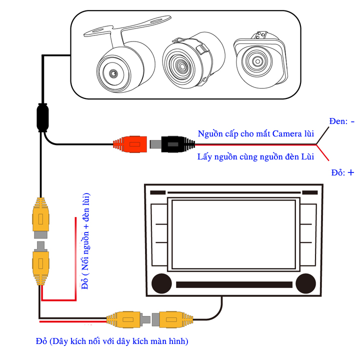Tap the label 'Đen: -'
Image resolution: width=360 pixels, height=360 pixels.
tap(342, 121)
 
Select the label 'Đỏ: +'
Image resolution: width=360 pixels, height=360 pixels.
tap(342, 172)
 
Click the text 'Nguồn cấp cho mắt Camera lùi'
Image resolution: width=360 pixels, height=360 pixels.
tap(256, 133)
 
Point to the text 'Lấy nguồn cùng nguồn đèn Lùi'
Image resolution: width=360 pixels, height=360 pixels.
tap(255, 157)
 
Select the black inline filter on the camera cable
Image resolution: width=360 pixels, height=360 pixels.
tap(42, 116)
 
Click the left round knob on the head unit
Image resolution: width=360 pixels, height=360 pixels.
tap(160, 283)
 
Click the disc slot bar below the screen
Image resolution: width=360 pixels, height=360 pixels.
tap(233, 284)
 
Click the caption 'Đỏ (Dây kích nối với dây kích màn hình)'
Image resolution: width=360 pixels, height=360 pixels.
tap(112, 341)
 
